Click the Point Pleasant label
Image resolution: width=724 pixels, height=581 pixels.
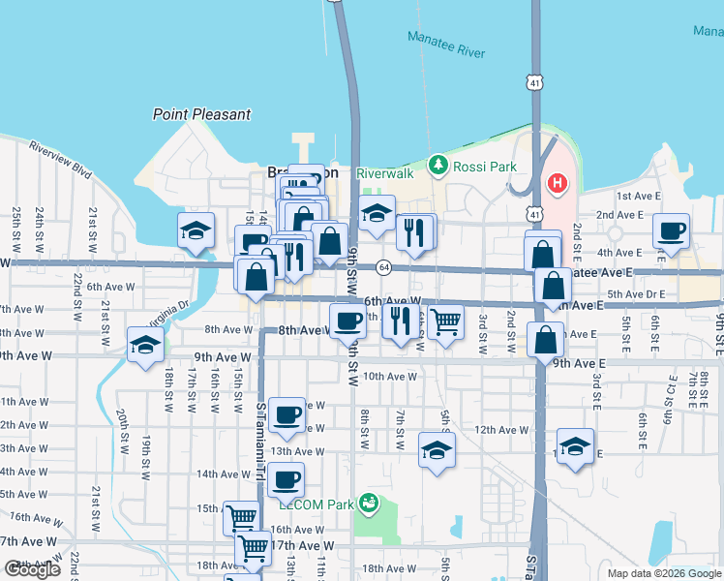[x=201, y=114]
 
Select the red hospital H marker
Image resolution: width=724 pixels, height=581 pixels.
[x=558, y=182]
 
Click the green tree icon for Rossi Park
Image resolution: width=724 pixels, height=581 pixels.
[x=437, y=166]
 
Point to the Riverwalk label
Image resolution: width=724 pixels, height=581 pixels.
[x=384, y=172]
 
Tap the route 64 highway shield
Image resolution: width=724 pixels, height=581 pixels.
[x=384, y=266]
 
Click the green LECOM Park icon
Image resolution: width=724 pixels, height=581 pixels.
[x=367, y=503]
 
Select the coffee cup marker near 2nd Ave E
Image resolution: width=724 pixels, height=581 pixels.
[x=670, y=230]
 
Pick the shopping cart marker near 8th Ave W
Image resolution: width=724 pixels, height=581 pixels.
[x=445, y=321]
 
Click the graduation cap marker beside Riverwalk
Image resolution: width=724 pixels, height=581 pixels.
[x=377, y=214]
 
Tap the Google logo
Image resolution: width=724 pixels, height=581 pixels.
[x=32, y=569]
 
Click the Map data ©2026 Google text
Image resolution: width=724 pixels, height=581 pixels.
[x=664, y=573]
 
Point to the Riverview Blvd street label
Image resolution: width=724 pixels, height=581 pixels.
[x=60, y=160]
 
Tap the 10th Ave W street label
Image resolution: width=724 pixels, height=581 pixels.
[x=390, y=377]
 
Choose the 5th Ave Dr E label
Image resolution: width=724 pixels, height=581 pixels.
[x=634, y=293]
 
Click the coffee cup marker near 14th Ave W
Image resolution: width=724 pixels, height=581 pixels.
[x=286, y=478]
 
